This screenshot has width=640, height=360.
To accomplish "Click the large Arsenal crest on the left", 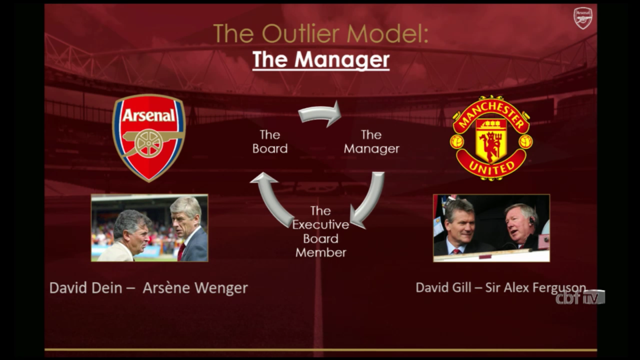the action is click(x=149, y=138).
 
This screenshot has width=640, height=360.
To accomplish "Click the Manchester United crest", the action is click(x=491, y=138).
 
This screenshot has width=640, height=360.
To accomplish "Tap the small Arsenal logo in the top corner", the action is click(x=583, y=18).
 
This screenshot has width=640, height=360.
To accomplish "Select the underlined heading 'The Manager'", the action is click(x=321, y=60).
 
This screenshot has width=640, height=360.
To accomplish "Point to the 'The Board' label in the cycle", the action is click(x=270, y=142).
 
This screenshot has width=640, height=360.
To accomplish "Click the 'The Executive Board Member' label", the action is click(x=320, y=232).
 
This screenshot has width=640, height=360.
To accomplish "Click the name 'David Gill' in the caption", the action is click(x=444, y=288).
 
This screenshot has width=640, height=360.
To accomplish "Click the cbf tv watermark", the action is click(x=580, y=298).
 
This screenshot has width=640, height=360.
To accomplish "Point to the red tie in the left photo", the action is click(x=181, y=252).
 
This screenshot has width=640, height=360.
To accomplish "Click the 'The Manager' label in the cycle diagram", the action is click(x=372, y=142).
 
